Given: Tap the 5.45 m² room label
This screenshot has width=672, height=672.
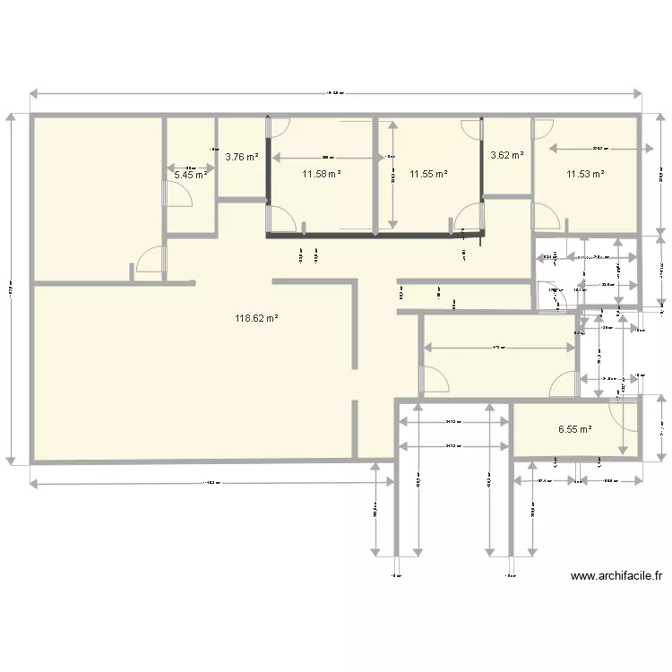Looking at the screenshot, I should coord(190,175).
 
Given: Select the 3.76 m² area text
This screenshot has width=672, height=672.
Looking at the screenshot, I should coord(242,157).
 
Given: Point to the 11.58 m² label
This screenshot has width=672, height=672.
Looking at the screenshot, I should coord(321,174).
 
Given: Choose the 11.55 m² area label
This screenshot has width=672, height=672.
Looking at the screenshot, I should coord(428,174).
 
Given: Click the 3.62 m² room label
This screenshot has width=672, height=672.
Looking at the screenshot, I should coord(507,155).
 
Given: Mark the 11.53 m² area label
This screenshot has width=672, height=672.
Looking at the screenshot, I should coord(584,174).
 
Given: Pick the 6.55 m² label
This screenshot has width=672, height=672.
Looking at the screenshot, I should coord(575,429).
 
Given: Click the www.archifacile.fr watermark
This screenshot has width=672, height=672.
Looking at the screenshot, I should coord(616,577).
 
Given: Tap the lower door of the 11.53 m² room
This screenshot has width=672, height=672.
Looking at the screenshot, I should coord(545,216).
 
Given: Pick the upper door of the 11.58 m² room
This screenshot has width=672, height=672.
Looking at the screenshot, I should coord(280,127).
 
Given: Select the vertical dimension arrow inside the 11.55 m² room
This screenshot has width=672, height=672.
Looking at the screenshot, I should coord(392,174).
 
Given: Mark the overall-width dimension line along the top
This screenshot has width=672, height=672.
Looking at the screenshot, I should coord(336,93).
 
